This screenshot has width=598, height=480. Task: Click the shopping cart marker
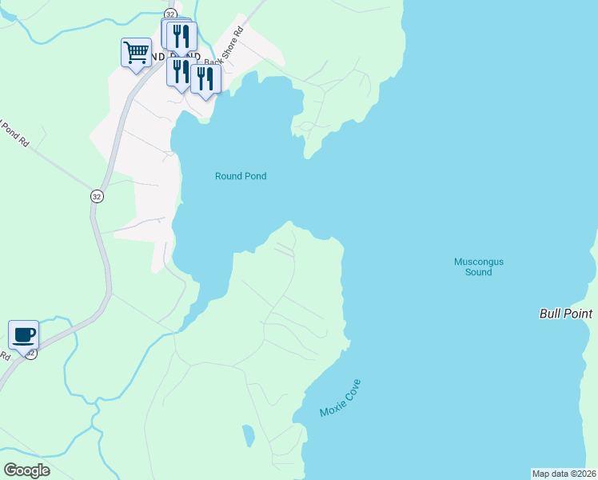[136, 54]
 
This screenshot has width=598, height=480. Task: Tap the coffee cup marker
[23, 334]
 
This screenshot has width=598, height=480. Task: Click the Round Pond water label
[241, 176]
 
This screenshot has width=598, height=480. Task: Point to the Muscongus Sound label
[479, 267]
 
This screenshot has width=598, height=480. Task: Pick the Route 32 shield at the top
[170, 14]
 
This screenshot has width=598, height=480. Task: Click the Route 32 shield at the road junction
[97, 197]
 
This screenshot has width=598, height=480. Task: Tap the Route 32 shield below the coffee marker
[30, 354]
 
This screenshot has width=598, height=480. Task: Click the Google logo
[26, 470]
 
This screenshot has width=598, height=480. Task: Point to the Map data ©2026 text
[564, 474]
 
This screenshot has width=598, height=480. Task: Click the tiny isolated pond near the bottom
[248, 435]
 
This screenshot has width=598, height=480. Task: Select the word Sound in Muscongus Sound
[479, 273]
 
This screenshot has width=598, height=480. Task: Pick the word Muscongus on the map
[479, 262]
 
